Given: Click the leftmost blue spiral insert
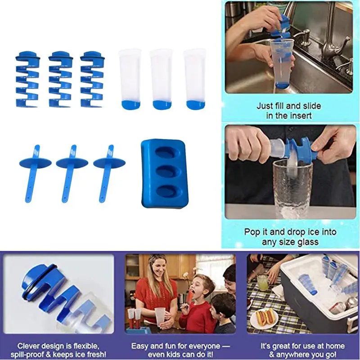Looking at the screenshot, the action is click(27, 79).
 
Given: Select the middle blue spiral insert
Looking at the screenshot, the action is click(61, 79).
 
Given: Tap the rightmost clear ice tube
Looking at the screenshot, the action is click(195, 79).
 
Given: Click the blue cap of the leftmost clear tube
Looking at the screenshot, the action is click(130, 104).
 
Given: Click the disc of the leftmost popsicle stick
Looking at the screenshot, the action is click(36, 162).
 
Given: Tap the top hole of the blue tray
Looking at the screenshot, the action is click(167, 153).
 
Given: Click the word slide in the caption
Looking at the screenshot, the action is click(311, 106).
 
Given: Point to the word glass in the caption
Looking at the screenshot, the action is click(308, 242).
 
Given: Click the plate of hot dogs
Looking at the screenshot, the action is click(264, 319).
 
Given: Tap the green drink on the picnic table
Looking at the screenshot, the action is click(262, 283).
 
